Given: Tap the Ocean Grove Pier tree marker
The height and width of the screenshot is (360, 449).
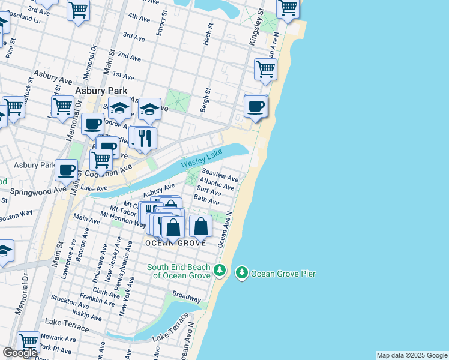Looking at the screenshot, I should pyautogui.click(x=242, y=273).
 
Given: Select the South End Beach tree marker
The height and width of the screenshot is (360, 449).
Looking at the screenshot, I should pyautogui.click(x=220, y=271).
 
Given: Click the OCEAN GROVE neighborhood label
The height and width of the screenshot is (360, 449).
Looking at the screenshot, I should pyautogui.click(x=176, y=243).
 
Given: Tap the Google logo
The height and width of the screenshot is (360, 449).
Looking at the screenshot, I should pyautogui.click(x=20, y=353).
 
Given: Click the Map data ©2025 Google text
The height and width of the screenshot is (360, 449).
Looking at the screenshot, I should pyautogui.click(x=412, y=355).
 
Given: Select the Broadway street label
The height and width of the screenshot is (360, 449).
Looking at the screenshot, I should pyautogui.click(x=186, y=296).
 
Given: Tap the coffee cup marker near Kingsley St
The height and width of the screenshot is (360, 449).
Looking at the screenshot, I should pyautogui.click(x=256, y=106).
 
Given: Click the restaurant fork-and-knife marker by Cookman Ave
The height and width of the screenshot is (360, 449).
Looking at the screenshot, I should pyautogui.click(x=145, y=138).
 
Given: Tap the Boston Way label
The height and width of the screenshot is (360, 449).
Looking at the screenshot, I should pyautogui.click(x=16, y=215).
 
